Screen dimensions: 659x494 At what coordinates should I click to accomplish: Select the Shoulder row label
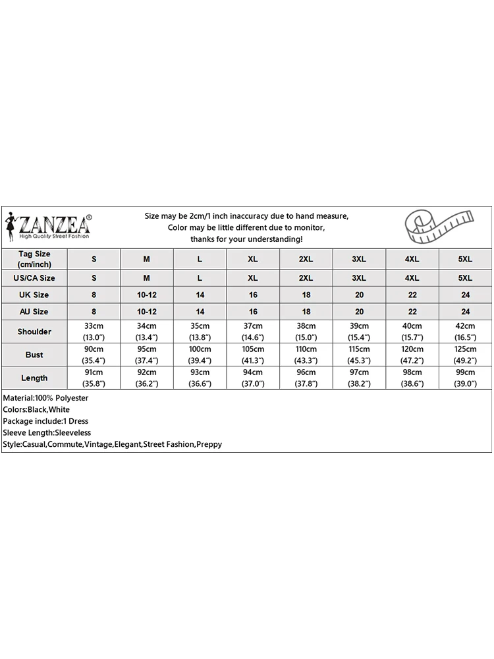(x=34, y=331)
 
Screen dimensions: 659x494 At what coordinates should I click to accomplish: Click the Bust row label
(x=34, y=355)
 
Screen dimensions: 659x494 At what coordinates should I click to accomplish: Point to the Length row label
(x=34, y=378)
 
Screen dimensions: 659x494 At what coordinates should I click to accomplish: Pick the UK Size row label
(x=34, y=295)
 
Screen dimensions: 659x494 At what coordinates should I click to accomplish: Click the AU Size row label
(x=34, y=311)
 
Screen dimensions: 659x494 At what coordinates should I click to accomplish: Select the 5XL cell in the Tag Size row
(x=465, y=259)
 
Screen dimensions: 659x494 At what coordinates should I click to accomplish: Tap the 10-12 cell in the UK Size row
(x=147, y=295)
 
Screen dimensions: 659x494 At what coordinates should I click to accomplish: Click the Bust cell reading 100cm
(x=200, y=355)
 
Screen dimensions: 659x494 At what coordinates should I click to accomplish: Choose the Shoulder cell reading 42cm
(x=465, y=331)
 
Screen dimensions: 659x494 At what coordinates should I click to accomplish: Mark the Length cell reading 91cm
(x=94, y=378)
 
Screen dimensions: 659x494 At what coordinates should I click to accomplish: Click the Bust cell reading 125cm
(x=465, y=355)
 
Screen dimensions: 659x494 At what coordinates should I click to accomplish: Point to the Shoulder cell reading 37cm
(x=253, y=331)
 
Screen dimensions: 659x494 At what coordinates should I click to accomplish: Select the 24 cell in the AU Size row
(x=465, y=311)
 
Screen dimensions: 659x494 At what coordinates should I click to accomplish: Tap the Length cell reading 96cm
(x=306, y=378)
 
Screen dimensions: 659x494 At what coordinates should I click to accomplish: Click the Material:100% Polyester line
(x=45, y=398)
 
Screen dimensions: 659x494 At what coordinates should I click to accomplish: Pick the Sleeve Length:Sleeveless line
(x=47, y=432)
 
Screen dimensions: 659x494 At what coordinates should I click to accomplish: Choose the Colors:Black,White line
(x=36, y=409)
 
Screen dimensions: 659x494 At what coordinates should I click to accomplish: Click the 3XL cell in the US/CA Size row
(x=359, y=278)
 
